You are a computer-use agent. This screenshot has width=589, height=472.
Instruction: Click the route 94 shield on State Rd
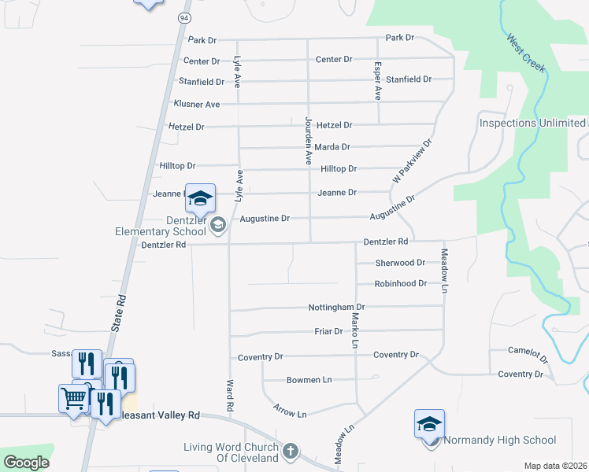(x=183, y=17)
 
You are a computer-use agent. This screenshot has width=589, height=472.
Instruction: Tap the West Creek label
(x=527, y=53)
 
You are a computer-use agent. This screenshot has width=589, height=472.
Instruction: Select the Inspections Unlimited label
(x=532, y=123)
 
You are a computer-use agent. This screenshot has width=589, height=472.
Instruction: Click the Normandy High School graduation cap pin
(x=429, y=424)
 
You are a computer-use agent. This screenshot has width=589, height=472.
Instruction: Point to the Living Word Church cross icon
(x=291, y=452)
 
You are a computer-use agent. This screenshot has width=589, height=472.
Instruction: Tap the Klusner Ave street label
(x=196, y=104)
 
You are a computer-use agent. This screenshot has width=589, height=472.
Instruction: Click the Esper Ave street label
(x=378, y=80)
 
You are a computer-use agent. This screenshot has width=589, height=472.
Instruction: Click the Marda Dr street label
(x=332, y=147)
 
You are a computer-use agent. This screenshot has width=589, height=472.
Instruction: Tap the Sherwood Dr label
(x=400, y=263)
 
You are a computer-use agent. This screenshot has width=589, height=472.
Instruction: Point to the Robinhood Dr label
(x=400, y=283)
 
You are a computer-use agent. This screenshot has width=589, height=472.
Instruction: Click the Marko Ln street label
(x=355, y=330)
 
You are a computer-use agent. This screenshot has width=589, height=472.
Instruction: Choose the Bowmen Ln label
(x=309, y=380)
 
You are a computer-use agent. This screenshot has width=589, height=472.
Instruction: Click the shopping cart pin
(x=73, y=397)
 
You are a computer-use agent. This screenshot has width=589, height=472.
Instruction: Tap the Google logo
(x=26, y=462)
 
